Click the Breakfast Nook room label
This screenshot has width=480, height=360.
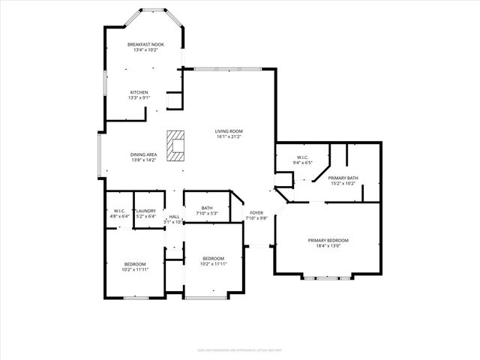[x=145, y=45]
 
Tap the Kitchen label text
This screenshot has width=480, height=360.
[x=145, y=92]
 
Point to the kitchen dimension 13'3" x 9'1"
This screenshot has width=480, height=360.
[x=145, y=97]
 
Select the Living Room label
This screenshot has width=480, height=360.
[x=229, y=131]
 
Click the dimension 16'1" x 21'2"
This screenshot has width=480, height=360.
[x=229, y=137]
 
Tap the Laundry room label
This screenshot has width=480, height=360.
[x=146, y=211]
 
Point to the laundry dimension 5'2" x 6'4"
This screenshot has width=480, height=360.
[x=146, y=216]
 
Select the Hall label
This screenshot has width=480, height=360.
[x=174, y=217]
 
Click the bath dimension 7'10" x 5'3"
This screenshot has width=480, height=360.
[x=206, y=214]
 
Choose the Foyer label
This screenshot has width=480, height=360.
[x=257, y=213]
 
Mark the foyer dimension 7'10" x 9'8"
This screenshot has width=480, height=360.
[x=257, y=218]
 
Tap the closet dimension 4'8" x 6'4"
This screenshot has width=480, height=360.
[x=119, y=216]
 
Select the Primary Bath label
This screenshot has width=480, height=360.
[x=343, y=177]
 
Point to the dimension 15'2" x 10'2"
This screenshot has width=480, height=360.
[x=343, y=182]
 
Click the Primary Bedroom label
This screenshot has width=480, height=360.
[x=328, y=240]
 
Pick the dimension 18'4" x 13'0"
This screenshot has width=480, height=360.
[x=328, y=246]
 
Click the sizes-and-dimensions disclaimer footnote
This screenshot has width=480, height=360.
[x=240, y=349]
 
